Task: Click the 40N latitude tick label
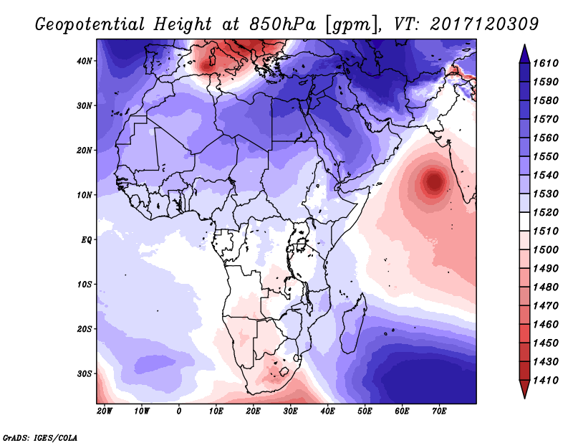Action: pos(85,61)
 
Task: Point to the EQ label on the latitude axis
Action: pos(87,239)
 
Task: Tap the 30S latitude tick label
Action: pos(85,373)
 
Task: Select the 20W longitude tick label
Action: pos(105,411)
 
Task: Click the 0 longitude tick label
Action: pos(179,411)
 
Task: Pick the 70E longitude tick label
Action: pos(439,411)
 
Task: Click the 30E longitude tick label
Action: pos(290,411)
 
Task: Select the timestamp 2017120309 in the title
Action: pos(485,24)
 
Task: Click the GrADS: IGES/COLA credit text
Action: pos(39,437)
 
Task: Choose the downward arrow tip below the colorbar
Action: pos(524,394)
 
